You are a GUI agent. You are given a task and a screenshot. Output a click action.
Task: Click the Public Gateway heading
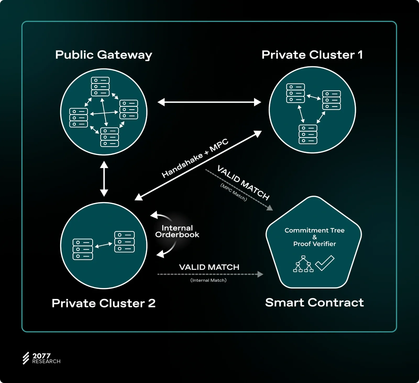[x=104, y=55]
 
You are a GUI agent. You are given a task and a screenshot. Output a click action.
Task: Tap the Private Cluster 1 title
[x=312, y=55]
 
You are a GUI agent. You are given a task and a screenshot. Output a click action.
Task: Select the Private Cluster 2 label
[x=104, y=303]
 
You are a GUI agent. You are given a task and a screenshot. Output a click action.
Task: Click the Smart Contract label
[x=314, y=303]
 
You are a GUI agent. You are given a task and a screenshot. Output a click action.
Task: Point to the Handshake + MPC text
[x=195, y=158]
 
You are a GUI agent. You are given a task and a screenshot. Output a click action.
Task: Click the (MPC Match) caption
[x=234, y=192]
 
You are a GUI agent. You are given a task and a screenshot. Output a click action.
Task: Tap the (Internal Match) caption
[x=208, y=280]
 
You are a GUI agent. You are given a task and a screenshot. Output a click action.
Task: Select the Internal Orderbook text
[x=177, y=231]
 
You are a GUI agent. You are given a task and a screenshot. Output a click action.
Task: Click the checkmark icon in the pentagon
[x=325, y=263]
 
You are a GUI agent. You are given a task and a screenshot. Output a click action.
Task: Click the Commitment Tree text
[x=315, y=230]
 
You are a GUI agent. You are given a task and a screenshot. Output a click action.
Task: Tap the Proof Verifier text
[x=315, y=244]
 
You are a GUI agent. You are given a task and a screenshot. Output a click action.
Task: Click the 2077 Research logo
[x=41, y=358]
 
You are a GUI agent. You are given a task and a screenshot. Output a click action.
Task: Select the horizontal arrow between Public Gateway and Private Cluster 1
[x=209, y=102]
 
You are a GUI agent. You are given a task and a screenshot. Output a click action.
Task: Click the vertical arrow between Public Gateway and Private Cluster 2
[x=104, y=179]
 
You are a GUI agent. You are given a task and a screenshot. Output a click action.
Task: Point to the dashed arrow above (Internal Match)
[x=210, y=274]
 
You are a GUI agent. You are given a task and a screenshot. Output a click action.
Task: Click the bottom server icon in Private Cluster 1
[x=308, y=134]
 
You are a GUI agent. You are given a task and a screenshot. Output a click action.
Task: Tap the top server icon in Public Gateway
[x=100, y=86]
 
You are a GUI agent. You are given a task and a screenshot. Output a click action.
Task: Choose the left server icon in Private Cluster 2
[x=83, y=249]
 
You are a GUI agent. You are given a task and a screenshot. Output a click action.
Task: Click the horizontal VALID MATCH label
[x=209, y=267]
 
